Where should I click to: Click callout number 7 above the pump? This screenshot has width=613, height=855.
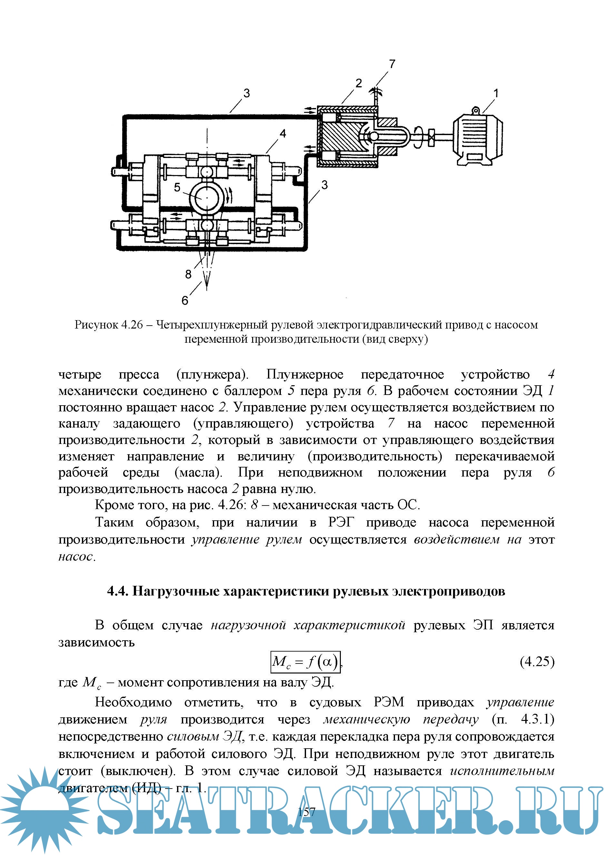pos(392,64)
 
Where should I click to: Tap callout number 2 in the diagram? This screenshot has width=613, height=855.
pos(359,83)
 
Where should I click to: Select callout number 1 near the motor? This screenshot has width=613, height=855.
pos(496,93)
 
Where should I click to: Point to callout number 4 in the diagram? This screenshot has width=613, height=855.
pos(283,133)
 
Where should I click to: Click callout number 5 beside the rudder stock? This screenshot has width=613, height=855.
pos(177,187)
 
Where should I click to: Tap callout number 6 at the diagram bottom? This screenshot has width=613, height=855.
pos(185,300)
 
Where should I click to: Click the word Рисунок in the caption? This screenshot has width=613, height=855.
pos(96,325)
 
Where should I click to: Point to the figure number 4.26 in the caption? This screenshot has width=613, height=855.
pos(132,325)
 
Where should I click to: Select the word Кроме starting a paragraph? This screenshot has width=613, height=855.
pos(113,505)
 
